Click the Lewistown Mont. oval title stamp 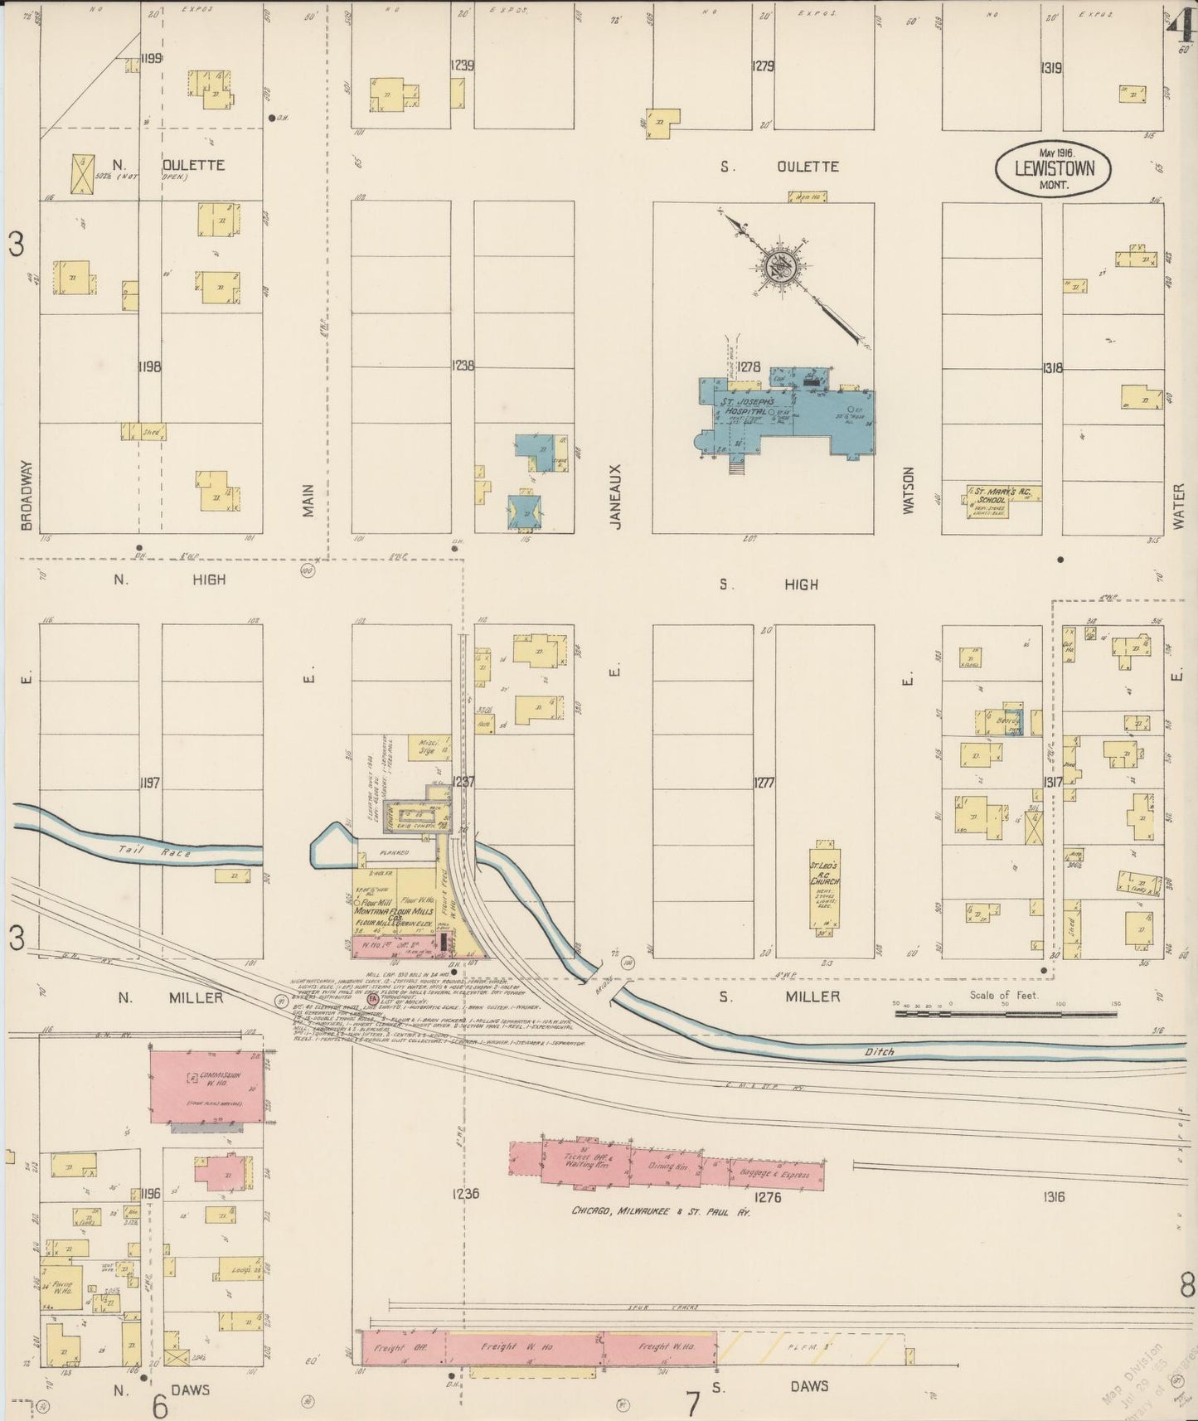click(x=1053, y=169)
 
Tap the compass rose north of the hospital click(x=783, y=267)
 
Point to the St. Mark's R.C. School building click(x=1002, y=499)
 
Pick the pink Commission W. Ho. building click(x=206, y=1084)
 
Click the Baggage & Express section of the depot click(x=776, y=1174)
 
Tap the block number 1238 click(x=463, y=365)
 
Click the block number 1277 click(x=764, y=782)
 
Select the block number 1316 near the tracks click(x=1054, y=1196)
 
